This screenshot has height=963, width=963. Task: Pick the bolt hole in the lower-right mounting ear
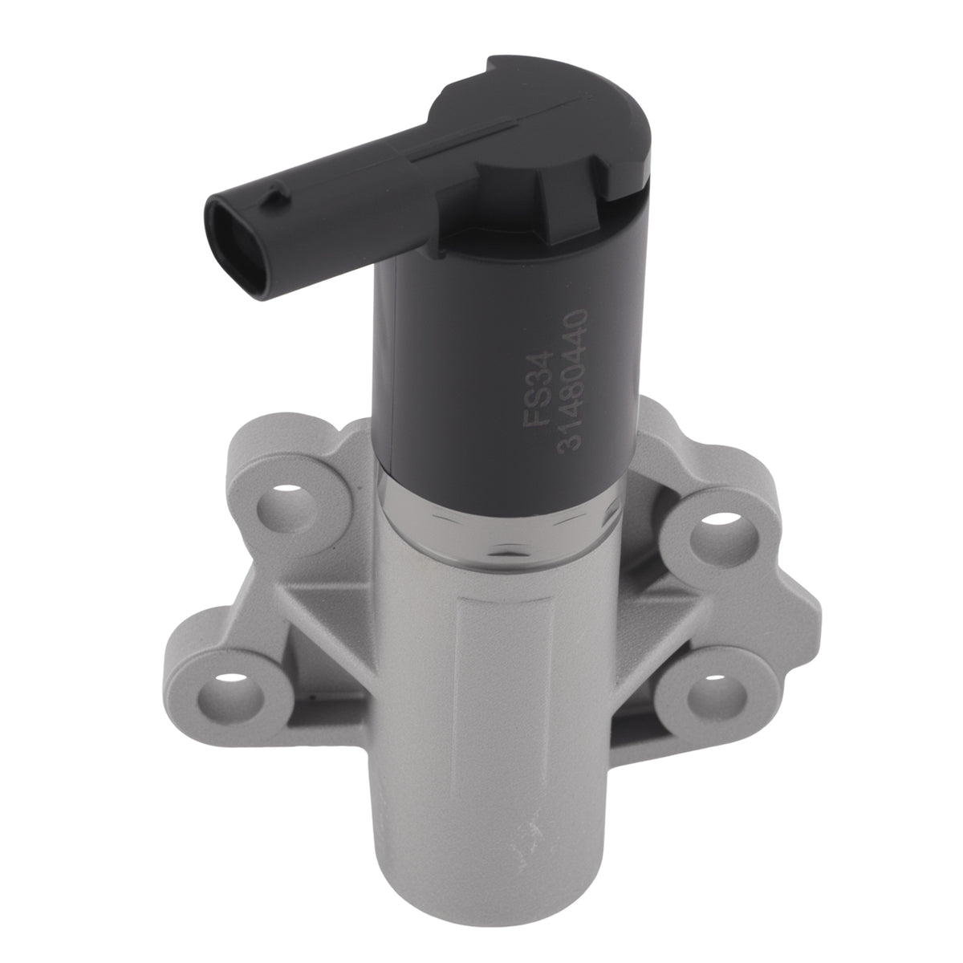715,693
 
